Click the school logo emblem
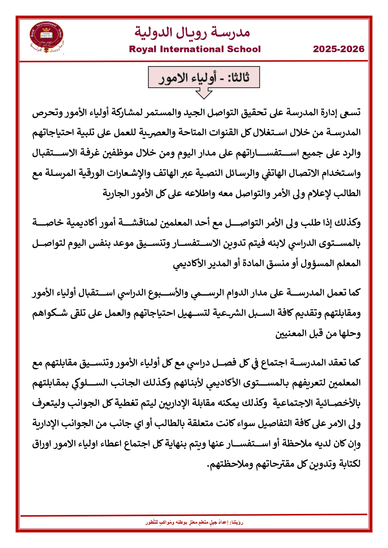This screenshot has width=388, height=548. click(x=46, y=37)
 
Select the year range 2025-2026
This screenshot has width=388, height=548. click(x=339, y=49)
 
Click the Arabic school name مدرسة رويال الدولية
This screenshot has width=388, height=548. click(x=192, y=32)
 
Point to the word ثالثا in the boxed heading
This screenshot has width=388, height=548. click(x=238, y=77)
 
